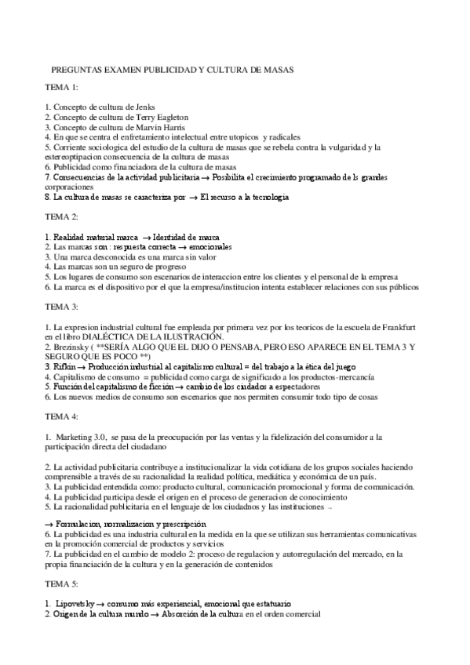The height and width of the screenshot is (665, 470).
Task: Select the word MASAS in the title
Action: (276, 70)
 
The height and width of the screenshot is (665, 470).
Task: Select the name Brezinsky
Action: (75, 345)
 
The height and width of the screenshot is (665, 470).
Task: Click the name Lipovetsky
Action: (80, 604)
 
